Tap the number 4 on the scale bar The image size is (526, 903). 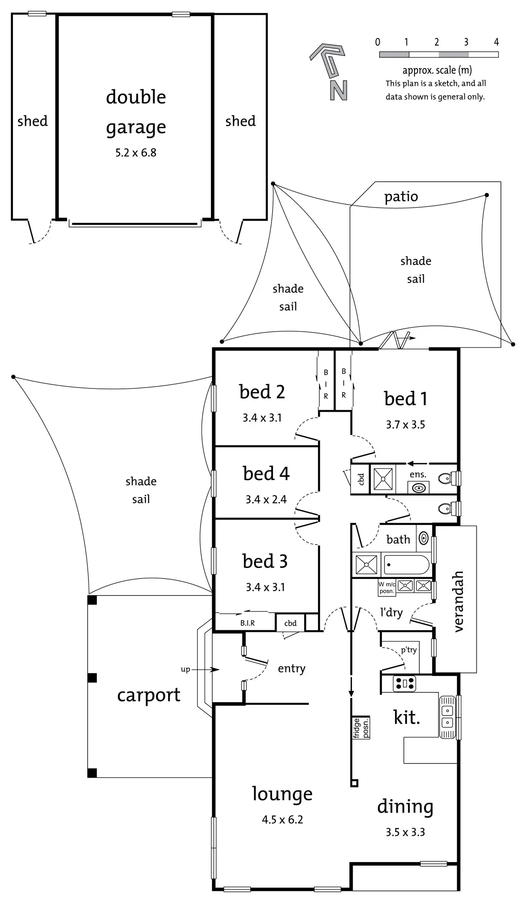coord(496,42)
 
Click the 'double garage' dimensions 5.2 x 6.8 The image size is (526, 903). coord(136,152)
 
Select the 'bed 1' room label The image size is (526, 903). coord(405,398)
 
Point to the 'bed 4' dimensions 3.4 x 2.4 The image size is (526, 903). coord(266,499)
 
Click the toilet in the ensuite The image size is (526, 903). coord(446,477)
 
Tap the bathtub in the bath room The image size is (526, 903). coord(406,565)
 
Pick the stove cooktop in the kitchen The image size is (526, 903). coord(405,684)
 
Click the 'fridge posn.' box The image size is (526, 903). coord(361,728)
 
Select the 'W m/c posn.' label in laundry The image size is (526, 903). coord(387,588)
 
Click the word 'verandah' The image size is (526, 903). coord(458,601)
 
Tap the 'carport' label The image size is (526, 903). coord(149,695)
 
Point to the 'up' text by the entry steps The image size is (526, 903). coord(185,669)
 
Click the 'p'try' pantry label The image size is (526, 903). coord(409,650)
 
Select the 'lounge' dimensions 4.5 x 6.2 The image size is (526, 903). coord(282,819)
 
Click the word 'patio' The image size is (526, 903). coord(401,196)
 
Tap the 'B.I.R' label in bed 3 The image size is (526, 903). coord(247,623)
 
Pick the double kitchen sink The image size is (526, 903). coord(447,716)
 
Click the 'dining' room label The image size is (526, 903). coord(405,807)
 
